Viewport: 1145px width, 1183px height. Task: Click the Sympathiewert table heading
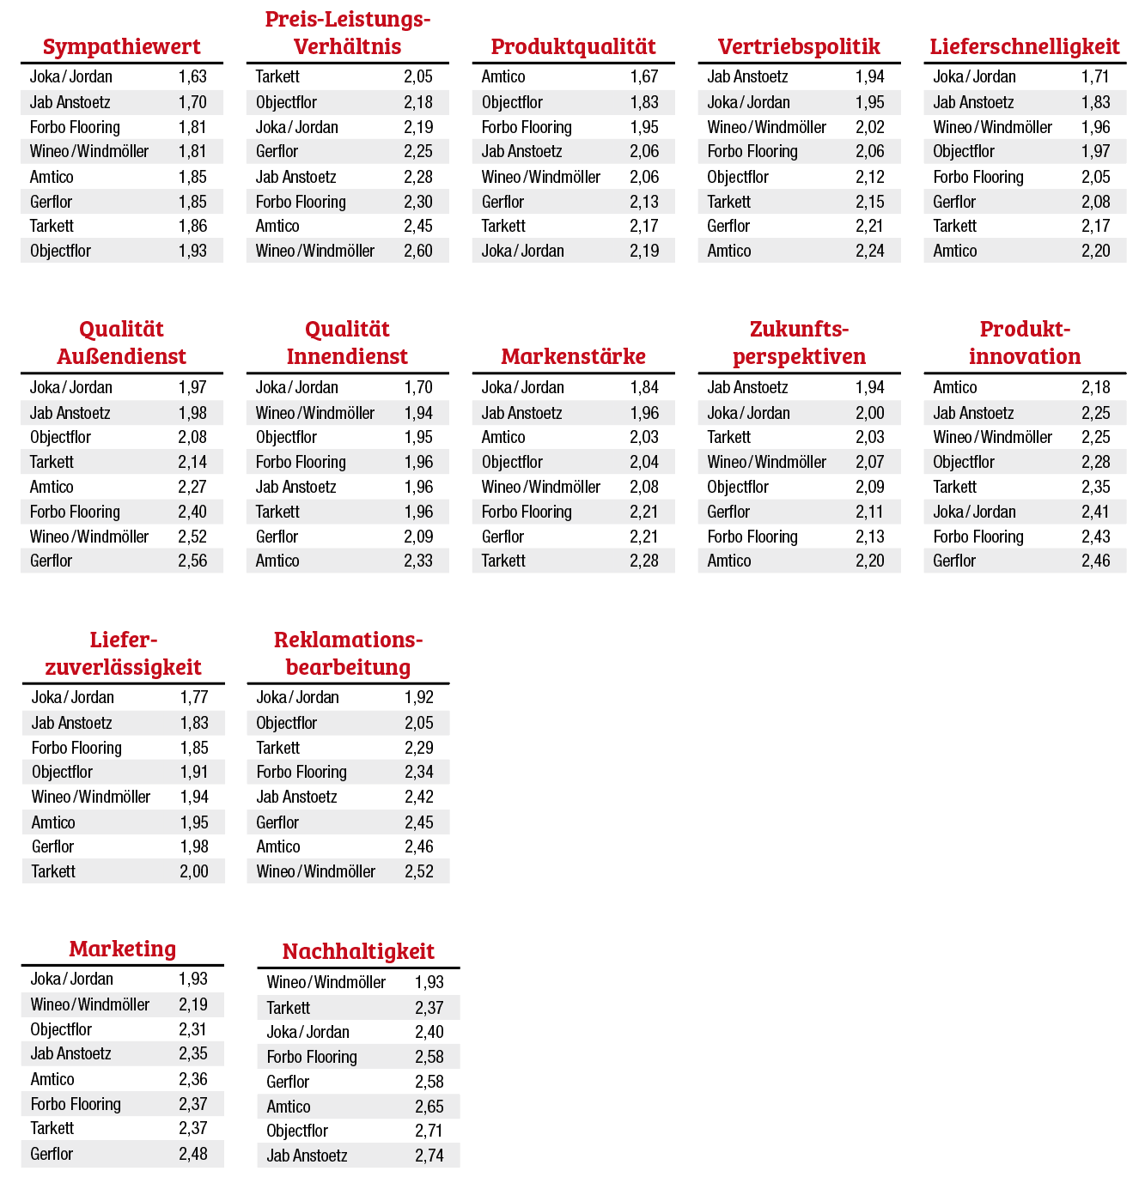(x=121, y=46)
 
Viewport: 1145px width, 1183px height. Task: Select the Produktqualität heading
(x=573, y=46)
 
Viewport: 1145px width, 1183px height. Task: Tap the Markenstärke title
(x=573, y=356)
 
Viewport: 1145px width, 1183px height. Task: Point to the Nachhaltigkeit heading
(x=358, y=951)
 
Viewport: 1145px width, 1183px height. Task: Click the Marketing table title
(x=123, y=949)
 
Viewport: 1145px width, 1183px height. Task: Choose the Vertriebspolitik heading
(x=799, y=46)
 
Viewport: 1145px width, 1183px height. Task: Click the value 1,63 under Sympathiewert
(x=192, y=76)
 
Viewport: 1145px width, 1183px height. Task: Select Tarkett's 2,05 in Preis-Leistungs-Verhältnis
(x=418, y=76)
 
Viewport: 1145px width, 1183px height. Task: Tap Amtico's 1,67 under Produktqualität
(x=644, y=76)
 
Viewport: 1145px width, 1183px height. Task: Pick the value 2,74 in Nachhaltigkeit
(x=429, y=1156)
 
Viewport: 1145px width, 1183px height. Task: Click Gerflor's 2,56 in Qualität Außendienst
(x=192, y=561)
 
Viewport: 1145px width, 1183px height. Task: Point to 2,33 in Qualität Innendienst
(x=418, y=561)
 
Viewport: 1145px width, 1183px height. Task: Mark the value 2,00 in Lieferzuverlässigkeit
(x=194, y=871)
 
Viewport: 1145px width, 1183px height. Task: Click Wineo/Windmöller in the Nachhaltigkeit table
(x=326, y=982)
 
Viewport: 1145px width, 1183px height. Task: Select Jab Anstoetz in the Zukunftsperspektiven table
(x=747, y=387)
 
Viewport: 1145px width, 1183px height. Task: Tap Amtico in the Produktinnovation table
(x=955, y=387)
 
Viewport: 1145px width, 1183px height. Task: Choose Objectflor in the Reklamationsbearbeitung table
(x=287, y=723)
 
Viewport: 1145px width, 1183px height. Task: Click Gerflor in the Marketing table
(x=52, y=1154)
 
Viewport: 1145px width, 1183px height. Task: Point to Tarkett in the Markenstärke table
(x=503, y=561)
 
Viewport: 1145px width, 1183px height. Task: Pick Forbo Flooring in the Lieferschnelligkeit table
(x=978, y=177)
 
